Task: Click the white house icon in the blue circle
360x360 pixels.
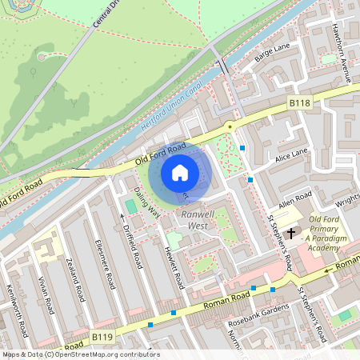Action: pyautogui.click(x=180, y=172)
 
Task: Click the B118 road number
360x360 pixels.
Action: pyautogui.click(x=299, y=103)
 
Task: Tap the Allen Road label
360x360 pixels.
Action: pyautogui.click(x=294, y=197)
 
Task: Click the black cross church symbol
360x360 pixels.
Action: pyautogui.click(x=291, y=233)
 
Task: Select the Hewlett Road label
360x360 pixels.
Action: pyautogui.click(x=174, y=266)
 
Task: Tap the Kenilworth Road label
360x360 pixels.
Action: pyautogui.click(x=18, y=311)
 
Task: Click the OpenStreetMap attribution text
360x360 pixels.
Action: pyautogui.click(x=80, y=354)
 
